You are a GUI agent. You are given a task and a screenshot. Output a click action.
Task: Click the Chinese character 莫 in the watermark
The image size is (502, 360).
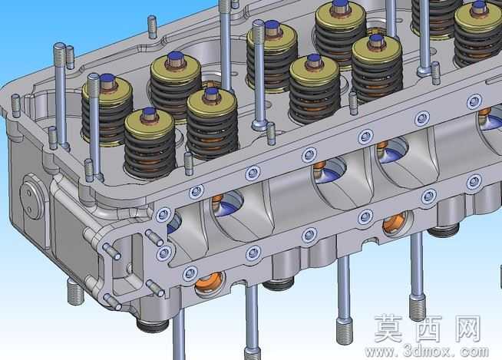coord(389,329)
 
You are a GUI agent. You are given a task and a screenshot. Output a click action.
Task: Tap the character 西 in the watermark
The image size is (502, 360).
coord(428,329)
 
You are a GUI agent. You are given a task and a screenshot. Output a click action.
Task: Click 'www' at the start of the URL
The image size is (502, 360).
coord(380,352)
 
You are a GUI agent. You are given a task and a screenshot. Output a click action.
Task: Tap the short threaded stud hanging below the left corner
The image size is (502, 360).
coord(75,292)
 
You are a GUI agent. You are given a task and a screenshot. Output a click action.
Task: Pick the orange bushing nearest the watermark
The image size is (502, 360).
coord(397,223)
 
